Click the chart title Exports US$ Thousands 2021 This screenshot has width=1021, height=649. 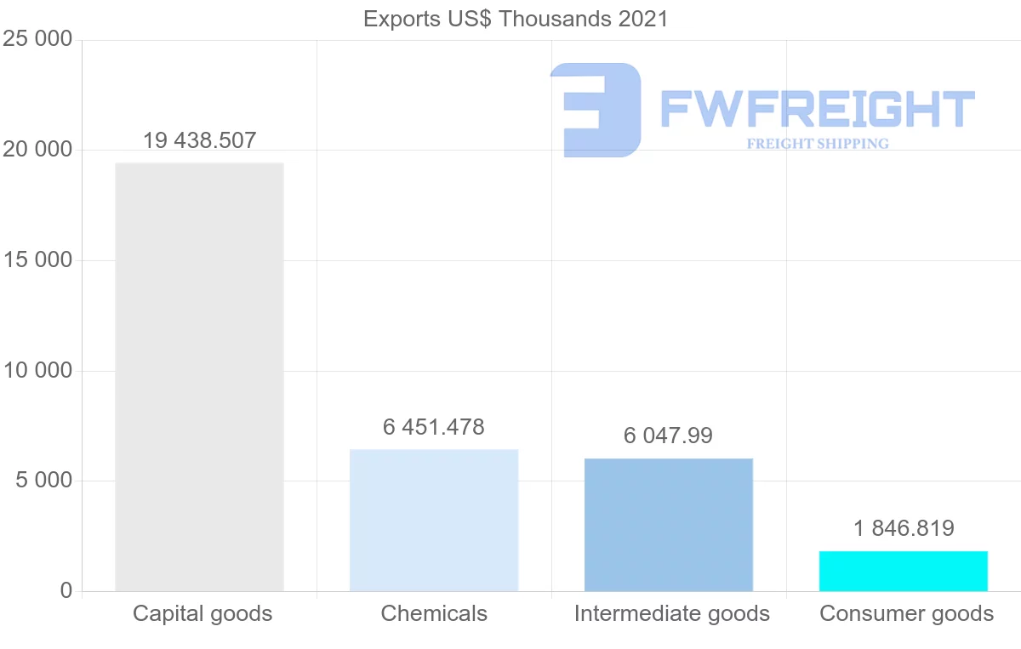click(x=516, y=19)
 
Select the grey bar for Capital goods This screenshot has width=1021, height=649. click(x=199, y=377)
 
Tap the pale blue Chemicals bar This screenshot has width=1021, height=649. click(x=434, y=520)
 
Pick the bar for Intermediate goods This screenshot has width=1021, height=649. click(x=669, y=525)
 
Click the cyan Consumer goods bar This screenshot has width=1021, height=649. click(x=904, y=571)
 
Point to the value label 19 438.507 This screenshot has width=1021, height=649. click(x=199, y=140)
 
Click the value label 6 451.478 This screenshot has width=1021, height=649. click(x=434, y=427)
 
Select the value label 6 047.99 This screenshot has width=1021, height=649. click(x=669, y=436)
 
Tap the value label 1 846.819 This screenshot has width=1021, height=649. click(x=904, y=528)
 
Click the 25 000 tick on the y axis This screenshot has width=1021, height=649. click(x=37, y=40)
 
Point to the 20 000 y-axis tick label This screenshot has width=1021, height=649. click(x=37, y=150)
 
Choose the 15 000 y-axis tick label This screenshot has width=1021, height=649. click(x=37, y=260)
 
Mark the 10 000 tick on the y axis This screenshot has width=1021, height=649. click(x=37, y=371)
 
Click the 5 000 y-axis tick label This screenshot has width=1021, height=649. click(x=43, y=481)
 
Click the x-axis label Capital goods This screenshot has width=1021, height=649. click(x=202, y=613)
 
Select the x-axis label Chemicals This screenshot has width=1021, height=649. click(x=434, y=613)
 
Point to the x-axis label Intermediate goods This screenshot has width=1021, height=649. click(x=671, y=613)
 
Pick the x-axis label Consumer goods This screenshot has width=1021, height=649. click(x=906, y=613)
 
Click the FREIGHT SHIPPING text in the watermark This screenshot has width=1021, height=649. click(x=818, y=144)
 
